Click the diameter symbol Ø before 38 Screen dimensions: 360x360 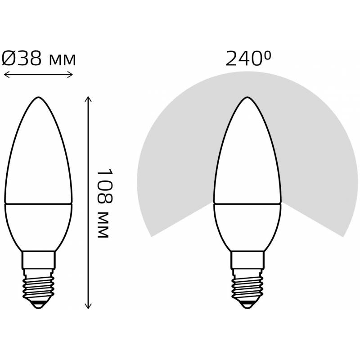(x=9, y=58)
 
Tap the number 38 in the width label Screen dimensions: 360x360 (x=29, y=58)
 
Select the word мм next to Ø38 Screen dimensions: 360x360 (x=62, y=61)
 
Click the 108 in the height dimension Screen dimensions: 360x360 (x=104, y=187)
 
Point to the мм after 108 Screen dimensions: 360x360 (x=103, y=225)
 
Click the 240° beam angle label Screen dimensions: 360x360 (x=248, y=59)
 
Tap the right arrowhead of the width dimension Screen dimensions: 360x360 (x=70, y=74)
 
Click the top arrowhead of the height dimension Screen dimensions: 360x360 (x=88, y=99)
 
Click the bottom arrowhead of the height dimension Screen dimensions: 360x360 (x=88, y=306)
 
